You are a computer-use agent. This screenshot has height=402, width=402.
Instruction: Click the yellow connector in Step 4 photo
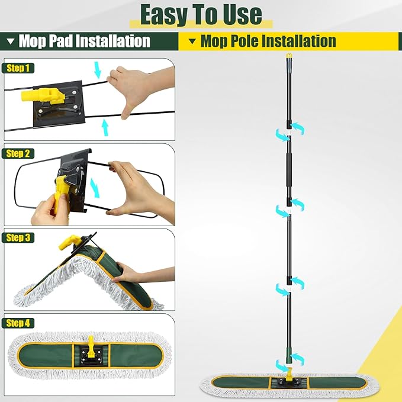92,343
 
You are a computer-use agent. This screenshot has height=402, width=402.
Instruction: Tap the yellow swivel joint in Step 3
67,243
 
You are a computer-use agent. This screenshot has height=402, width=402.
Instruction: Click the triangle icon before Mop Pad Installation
10,41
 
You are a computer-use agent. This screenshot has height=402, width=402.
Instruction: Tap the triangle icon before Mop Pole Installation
192,41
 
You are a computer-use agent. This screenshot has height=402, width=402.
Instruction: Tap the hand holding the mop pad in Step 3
129,273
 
